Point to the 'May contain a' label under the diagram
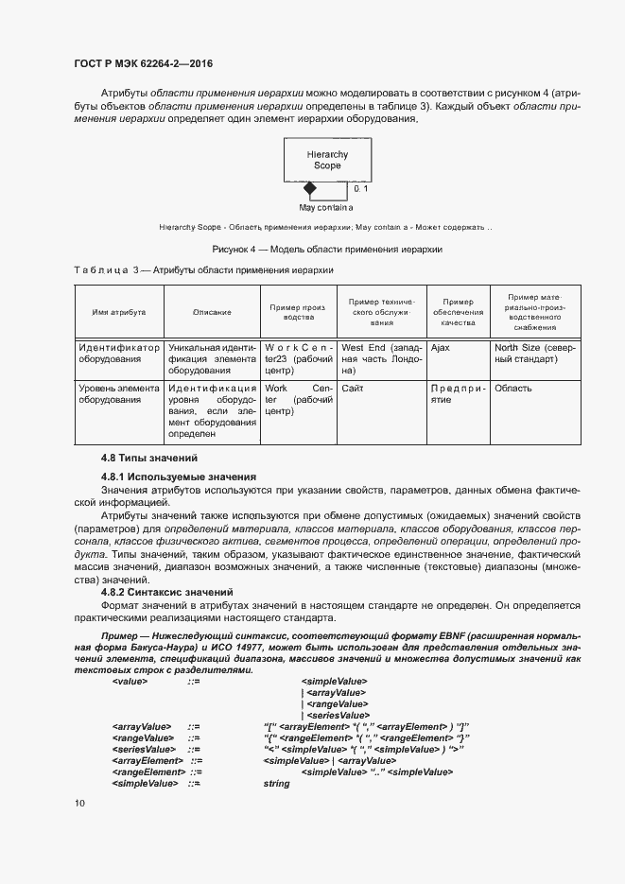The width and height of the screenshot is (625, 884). coord(325,207)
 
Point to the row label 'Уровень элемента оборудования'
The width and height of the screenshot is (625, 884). coord(118,393)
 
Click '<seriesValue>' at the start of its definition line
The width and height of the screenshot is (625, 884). coord(144,749)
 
